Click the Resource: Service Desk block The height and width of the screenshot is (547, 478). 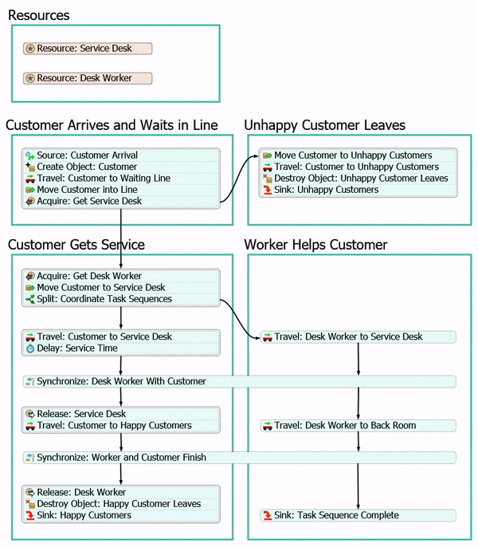point(88,49)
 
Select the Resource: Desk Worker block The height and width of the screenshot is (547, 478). point(88,78)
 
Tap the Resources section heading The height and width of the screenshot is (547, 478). point(38,15)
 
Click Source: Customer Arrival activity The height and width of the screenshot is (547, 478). point(87,155)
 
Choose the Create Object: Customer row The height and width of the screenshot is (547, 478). point(87,167)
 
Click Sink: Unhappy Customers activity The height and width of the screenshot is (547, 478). point(327,190)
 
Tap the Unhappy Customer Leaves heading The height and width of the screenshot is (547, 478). point(324,125)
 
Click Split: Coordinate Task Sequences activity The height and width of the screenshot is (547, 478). point(104,299)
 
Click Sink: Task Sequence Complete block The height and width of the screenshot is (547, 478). point(336,515)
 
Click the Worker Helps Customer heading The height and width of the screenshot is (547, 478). point(315,244)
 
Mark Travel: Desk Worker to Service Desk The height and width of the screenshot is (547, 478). point(348,337)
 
